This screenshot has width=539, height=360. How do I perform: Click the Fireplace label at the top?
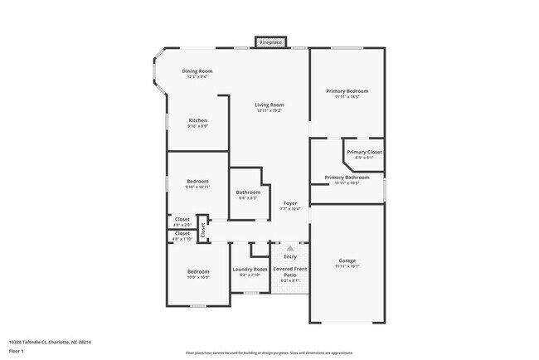pyautogui.click(x=270, y=41)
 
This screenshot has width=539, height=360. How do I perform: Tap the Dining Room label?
pyautogui.click(x=197, y=71)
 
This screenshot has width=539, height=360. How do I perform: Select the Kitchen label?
pyautogui.click(x=197, y=120)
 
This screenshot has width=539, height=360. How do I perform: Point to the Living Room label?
pyautogui.click(x=269, y=105)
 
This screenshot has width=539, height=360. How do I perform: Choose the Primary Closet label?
pyautogui.click(x=363, y=153)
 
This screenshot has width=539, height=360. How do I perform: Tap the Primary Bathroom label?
pyautogui.click(x=347, y=178)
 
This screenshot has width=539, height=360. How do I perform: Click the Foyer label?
pyautogui.click(x=290, y=203)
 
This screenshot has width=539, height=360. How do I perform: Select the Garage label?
pyautogui.click(x=347, y=260)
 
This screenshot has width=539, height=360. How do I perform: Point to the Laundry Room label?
pyautogui.click(x=250, y=270)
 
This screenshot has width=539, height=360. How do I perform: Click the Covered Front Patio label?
pyautogui.click(x=290, y=272)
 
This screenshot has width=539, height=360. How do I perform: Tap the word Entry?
pyautogui.click(x=290, y=256)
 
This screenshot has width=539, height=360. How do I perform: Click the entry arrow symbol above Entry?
pyautogui.click(x=290, y=247)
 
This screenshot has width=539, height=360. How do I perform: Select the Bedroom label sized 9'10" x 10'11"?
pyautogui.click(x=197, y=181)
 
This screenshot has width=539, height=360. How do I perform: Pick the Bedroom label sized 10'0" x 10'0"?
pyautogui.click(x=197, y=272)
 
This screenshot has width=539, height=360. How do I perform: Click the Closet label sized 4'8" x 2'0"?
pyautogui.click(x=182, y=220)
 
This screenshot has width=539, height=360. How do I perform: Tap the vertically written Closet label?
pyautogui.click(x=202, y=231)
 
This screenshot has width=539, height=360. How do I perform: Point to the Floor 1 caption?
pyautogui.click(x=16, y=351)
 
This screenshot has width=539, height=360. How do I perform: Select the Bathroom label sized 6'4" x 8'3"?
pyautogui.click(x=248, y=192)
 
